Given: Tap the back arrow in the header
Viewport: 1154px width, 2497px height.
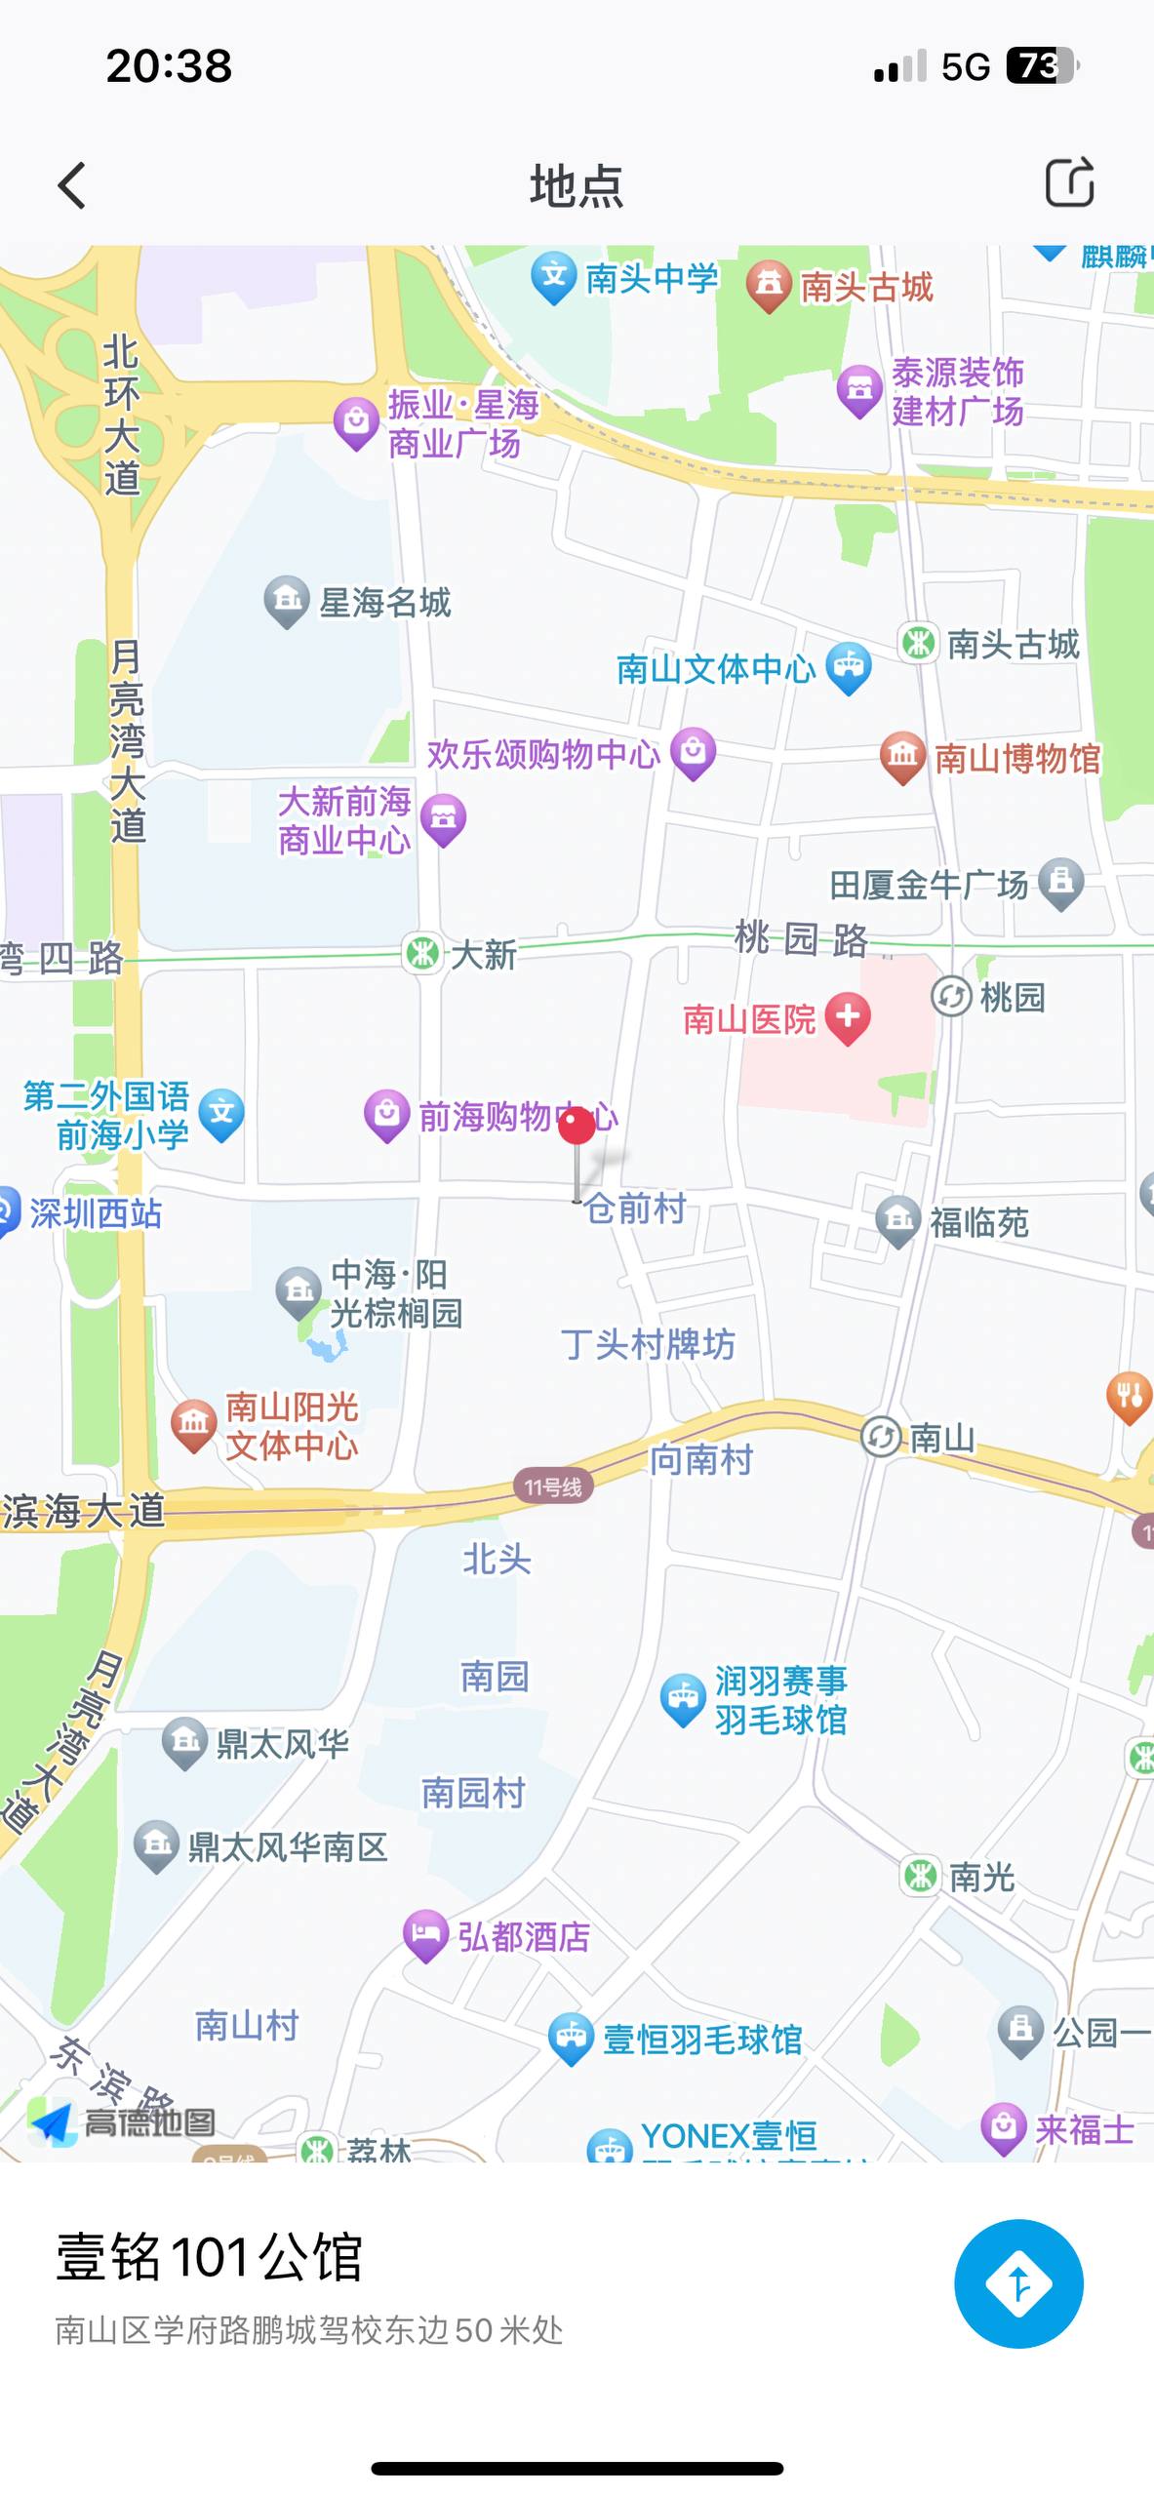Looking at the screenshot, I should tap(72, 185).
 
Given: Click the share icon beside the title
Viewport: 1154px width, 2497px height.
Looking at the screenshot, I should tap(1069, 182).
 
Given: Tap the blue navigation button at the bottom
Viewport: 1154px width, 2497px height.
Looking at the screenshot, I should tap(1017, 2283).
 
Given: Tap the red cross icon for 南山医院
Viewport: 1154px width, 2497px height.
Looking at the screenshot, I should tap(848, 1016).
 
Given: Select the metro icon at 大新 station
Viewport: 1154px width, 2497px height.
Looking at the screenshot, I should tap(422, 953).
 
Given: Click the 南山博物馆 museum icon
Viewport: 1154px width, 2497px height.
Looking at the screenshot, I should tap(902, 756).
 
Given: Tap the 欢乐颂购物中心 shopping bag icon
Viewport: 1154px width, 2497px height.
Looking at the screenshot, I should tap(693, 752).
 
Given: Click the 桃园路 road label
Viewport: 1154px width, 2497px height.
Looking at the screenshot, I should tap(800, 939).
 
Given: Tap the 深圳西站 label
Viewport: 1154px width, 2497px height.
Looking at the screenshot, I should tap(95, 1213).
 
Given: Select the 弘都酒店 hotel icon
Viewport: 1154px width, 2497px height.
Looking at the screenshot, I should tap(424, 1933).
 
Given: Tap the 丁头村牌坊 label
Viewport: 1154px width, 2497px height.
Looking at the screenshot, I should tap(648, 1344).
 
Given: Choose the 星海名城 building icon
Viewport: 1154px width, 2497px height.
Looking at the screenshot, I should tap(287, 600).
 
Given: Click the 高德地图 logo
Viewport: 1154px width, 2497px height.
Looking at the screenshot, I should tap(122, 2122).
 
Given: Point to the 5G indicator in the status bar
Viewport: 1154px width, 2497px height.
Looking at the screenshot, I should tap(965, 66).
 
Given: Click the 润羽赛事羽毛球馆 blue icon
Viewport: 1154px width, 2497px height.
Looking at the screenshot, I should tap(682, 1699).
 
